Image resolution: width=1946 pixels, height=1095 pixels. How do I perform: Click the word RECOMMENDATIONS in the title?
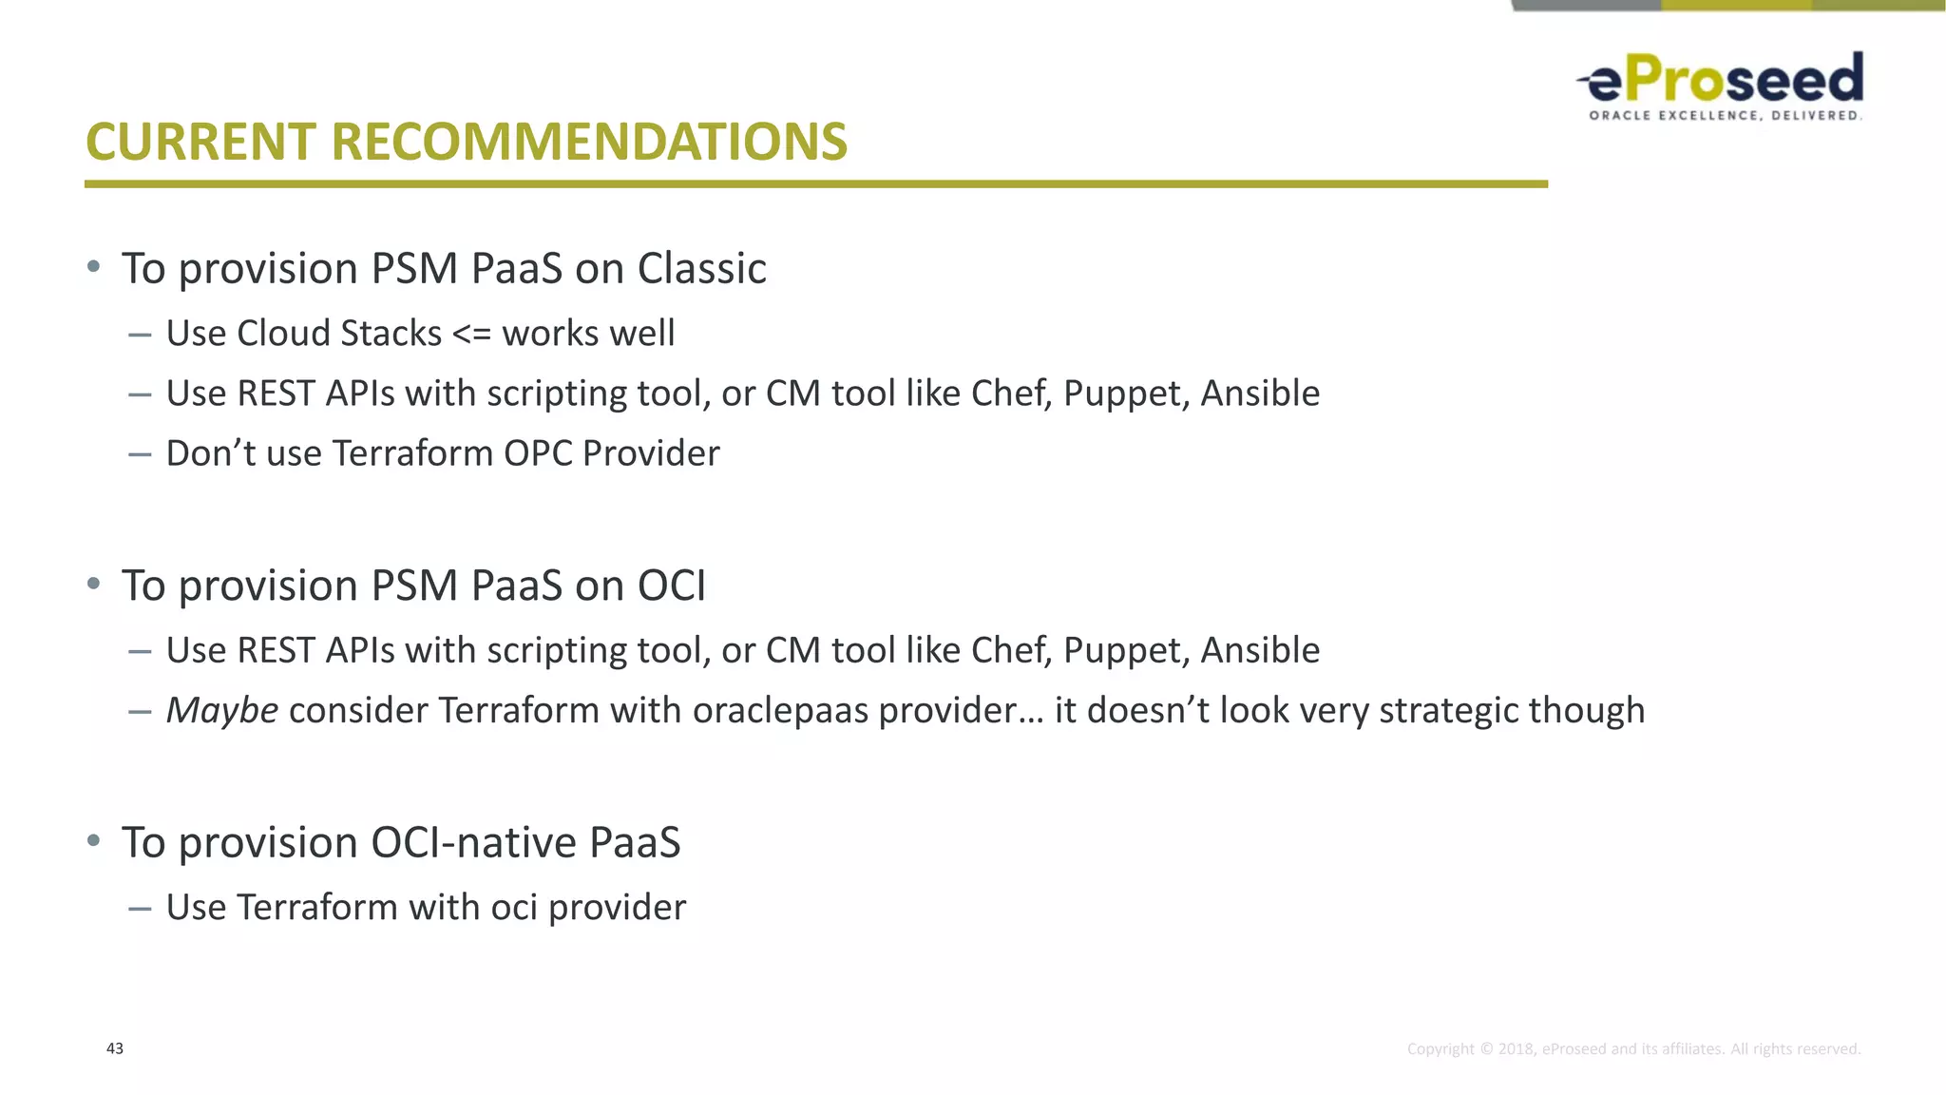588,143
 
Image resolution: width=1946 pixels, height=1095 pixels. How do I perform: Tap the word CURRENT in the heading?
200,143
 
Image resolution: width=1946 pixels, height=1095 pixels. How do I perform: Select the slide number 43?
115,1048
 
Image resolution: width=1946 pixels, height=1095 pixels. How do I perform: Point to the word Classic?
701,269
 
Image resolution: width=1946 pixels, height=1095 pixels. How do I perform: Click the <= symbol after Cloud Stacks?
471,335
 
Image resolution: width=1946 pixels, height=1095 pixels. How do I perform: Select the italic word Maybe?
222,711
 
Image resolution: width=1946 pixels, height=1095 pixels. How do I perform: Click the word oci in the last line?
514,908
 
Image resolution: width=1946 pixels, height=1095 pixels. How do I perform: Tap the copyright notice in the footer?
1633,1049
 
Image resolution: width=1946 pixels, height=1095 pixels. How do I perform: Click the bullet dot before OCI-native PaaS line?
93,840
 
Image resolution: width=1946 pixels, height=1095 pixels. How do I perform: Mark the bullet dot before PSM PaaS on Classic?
93,266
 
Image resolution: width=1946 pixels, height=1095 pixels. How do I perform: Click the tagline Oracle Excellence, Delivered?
1725,116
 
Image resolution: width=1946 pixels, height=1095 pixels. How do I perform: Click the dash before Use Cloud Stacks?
140,335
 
